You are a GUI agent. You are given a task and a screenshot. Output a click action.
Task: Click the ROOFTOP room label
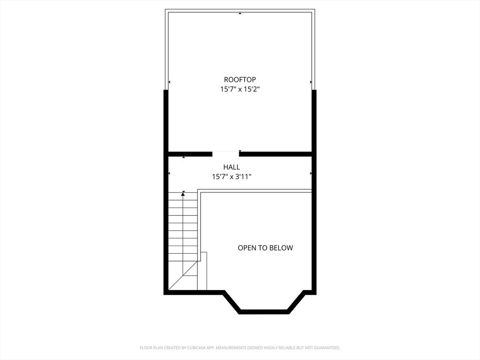(240, 80)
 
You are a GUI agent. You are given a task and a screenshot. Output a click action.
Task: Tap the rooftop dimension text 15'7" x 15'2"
(240, 89)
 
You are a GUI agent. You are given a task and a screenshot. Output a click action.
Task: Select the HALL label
(232, 167)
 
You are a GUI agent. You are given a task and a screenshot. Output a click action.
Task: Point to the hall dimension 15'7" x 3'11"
(232, 177)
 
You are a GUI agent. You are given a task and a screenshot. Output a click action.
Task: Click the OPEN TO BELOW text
(265, 248)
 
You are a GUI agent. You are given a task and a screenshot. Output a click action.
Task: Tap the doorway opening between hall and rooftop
(225, 153)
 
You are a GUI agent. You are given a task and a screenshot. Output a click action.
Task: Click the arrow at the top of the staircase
(183, 193)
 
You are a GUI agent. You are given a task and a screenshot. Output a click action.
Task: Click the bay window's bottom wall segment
(264, 311)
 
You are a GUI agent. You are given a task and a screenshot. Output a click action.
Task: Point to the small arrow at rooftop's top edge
(240, 13)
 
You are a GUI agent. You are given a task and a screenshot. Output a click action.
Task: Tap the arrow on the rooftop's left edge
(169, 82)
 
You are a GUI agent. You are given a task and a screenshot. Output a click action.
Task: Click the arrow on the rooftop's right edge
(311, 82)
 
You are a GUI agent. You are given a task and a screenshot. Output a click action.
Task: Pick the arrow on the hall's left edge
(169, 173)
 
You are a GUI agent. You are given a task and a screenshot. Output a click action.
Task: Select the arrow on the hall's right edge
(311, 173)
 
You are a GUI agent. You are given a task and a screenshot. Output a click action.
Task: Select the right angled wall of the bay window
(297, 302)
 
